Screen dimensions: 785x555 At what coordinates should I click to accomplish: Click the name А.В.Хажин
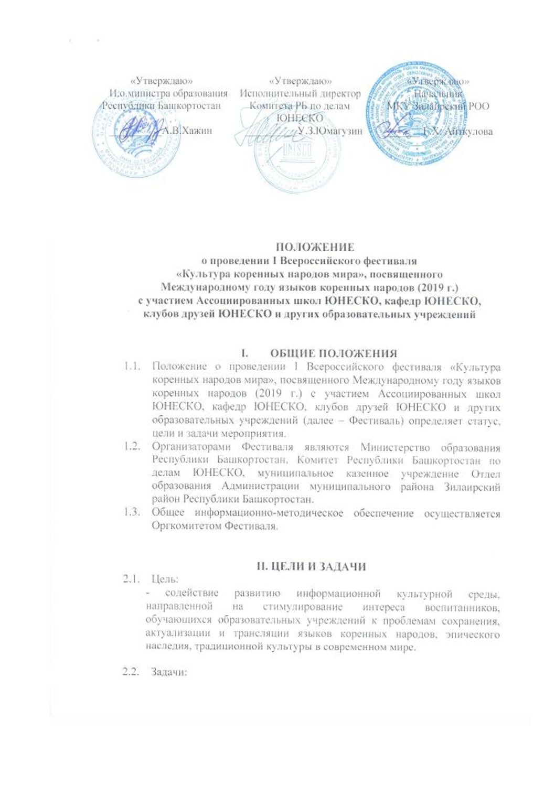click(187, 131)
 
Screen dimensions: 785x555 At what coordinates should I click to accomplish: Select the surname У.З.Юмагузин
click(329, 131)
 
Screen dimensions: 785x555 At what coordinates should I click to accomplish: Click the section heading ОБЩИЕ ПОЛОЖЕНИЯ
click(334, 353)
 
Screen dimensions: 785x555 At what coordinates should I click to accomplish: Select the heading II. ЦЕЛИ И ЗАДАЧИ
click(311, 566)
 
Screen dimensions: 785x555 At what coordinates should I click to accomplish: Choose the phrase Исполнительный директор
click(300, 94)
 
